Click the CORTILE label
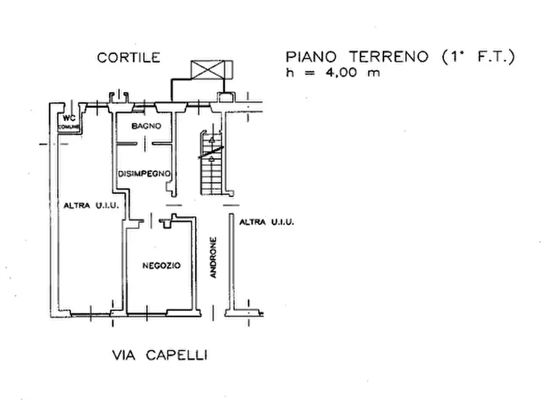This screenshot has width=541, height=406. point(129,58)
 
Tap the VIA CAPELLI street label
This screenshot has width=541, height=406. point(159,356)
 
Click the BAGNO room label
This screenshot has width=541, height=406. point(146,126)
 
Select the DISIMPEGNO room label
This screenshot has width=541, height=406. point(142,174)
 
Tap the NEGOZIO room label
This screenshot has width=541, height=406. point(161,265)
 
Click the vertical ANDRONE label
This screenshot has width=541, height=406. point(213,258)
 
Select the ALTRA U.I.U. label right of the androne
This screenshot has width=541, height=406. point(267,222)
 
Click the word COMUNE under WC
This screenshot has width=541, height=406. point(68,127)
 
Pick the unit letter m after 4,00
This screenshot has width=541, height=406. point(377,73)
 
